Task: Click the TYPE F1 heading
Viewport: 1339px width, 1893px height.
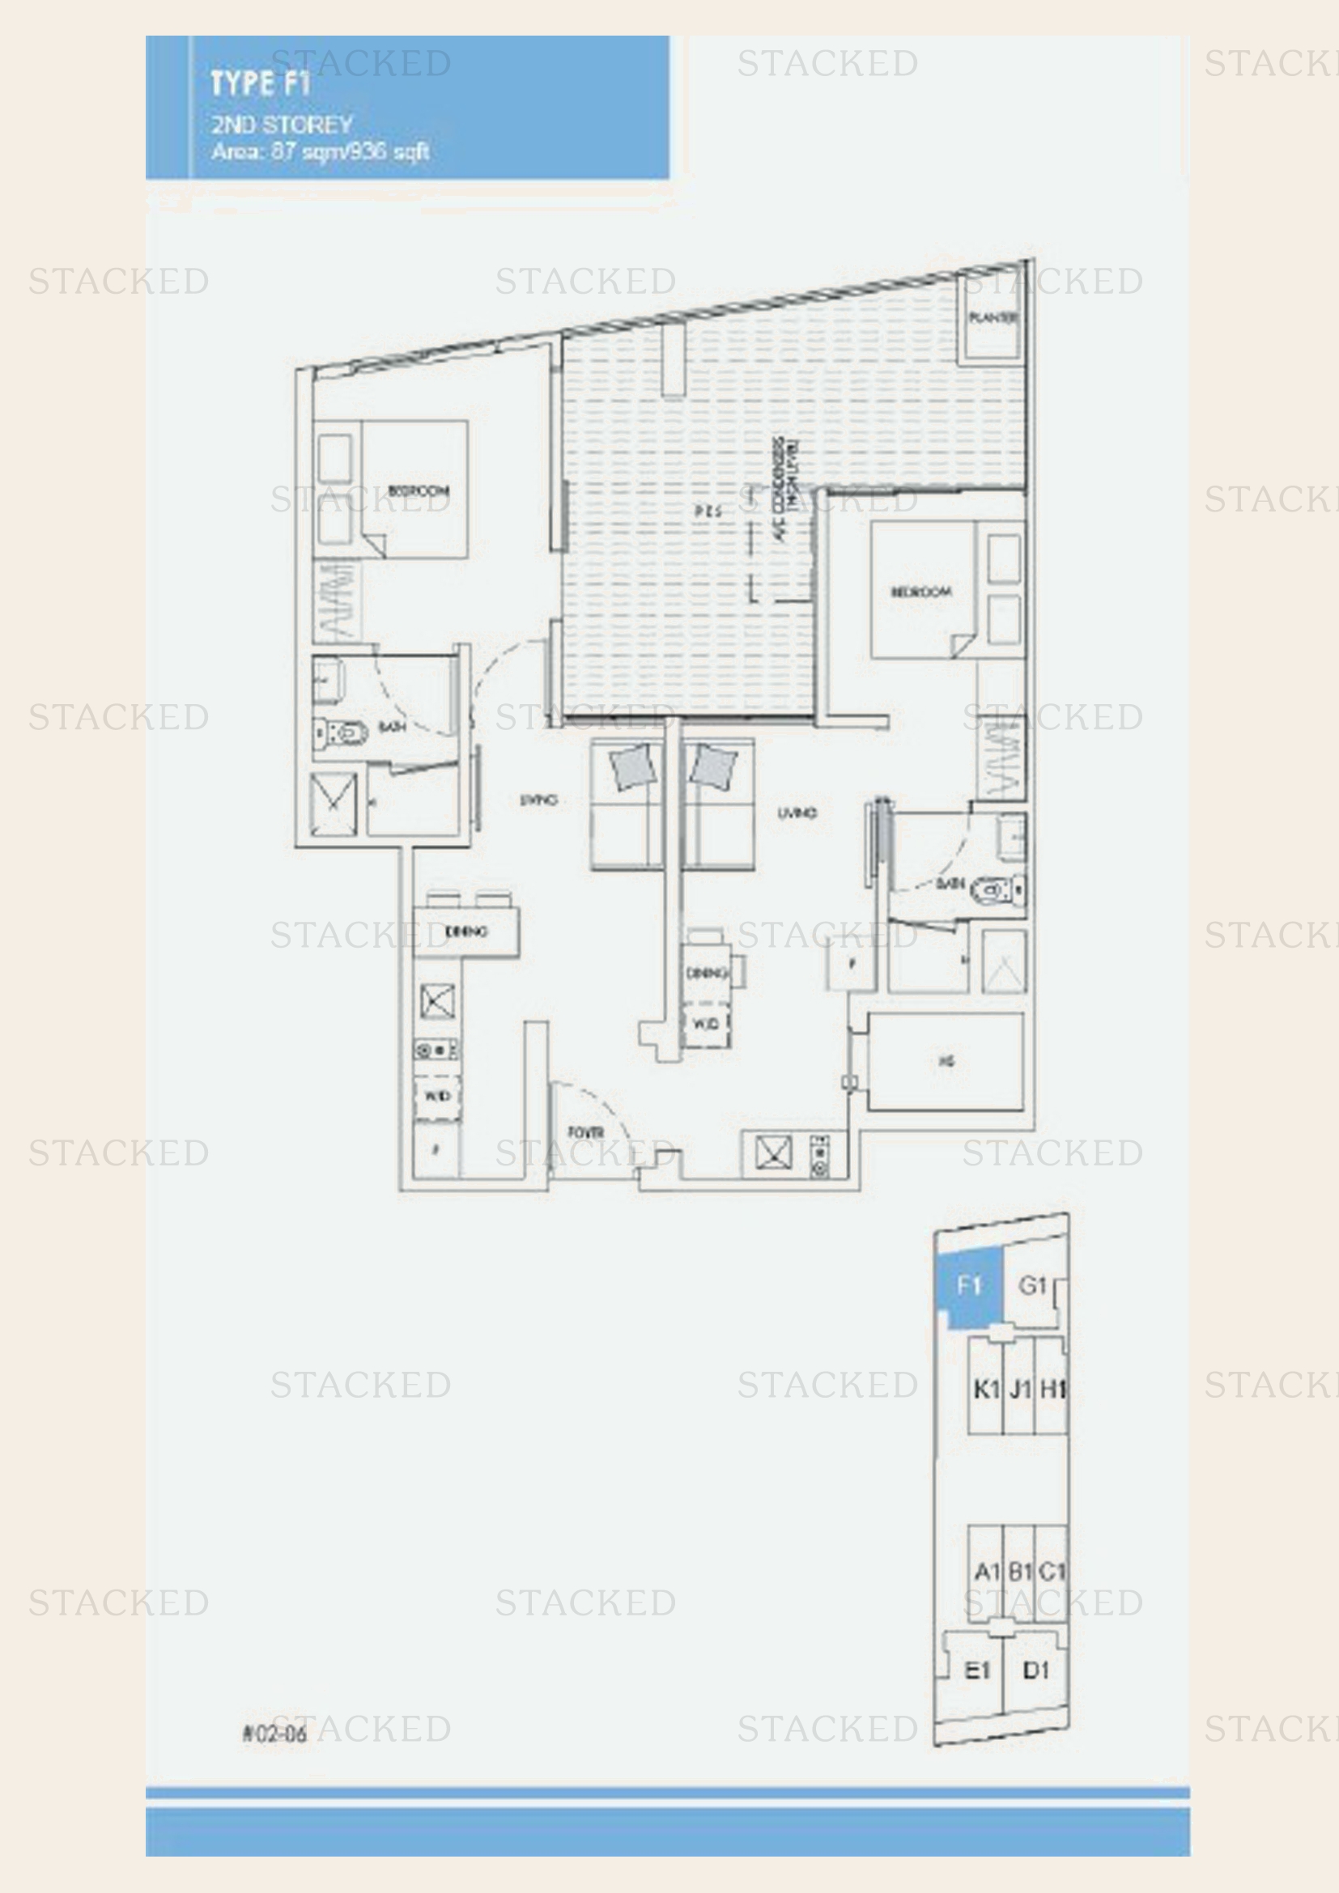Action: coord(259,83)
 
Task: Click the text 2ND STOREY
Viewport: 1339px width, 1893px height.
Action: coord(282,125)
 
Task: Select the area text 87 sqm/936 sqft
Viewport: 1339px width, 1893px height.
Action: coord(321,151)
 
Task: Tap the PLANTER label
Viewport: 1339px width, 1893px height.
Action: coord(993,317)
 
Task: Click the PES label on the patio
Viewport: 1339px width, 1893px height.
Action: coord(708,511)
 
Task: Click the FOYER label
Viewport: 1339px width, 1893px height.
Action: coord(585,1133)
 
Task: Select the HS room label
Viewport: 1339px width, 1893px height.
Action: coord(946,1061)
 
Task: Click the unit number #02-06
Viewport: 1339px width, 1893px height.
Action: coord(274,1733)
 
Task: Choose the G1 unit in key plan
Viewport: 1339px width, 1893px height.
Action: coord(1032,1284)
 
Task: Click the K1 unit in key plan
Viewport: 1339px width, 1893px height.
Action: coord(985,1390)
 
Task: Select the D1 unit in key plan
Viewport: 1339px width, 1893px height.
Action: coord(1035,1670)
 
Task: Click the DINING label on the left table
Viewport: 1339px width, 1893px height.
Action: coord(465,932)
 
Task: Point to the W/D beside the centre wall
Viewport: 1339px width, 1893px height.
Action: coord(706,1024)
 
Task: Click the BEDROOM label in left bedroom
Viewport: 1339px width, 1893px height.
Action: coord(418,490)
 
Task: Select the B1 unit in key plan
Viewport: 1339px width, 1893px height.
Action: coord(1020,1572)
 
